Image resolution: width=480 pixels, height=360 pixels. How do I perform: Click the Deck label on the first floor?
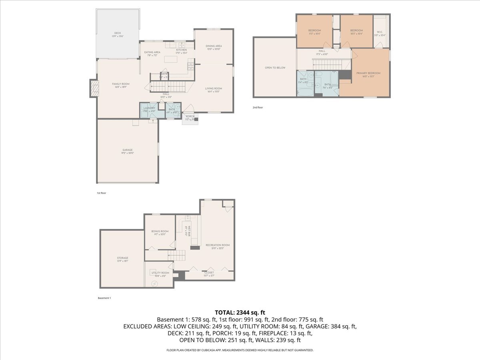pyautogui.click(x=118, y=33)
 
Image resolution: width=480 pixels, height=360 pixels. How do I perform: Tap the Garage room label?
pyautogui.click(x=128, y=150)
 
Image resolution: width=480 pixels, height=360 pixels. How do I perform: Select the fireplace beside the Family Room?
pyautogui.click(x=94, y=88)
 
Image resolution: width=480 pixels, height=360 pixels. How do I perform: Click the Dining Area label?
pyautogui.click(x=214, y=46)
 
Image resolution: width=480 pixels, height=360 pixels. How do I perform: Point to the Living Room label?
pyautogui.click(x=214, y=88)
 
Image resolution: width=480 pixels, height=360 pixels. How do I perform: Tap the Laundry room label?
pyautogui.click(x=149, y=108)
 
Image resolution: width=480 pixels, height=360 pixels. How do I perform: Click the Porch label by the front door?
pyautogui.click(x=190, y=116)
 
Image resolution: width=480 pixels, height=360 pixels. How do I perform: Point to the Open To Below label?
pyautogui.click(x=275, y=68)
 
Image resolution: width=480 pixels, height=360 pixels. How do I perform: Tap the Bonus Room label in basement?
pyautogui.click(x=160, y=231)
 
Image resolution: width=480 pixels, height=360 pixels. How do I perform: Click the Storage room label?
pyautogui.click(x=122, y=258)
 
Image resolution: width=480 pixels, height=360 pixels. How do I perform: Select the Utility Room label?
pyautogui.click(x=160, y=273)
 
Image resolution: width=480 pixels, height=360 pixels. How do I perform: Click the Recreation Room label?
pyautogui.click(x=218, y=245)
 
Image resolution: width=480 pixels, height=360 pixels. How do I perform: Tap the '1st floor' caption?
pyautogui.click(x=101, y=193)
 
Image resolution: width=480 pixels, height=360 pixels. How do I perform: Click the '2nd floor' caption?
pyautogui.click(x=258, y=107)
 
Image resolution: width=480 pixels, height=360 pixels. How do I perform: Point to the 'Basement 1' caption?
pyautogui.click(x=104, y=298)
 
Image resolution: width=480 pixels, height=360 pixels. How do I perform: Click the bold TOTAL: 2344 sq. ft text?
pyautogui.click(x=240, y=312)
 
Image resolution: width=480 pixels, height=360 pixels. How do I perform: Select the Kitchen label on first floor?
pyautogui.click(x=182, y=50)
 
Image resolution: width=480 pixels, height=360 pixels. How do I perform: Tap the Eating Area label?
pyautogui.click(x=152, y=52)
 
